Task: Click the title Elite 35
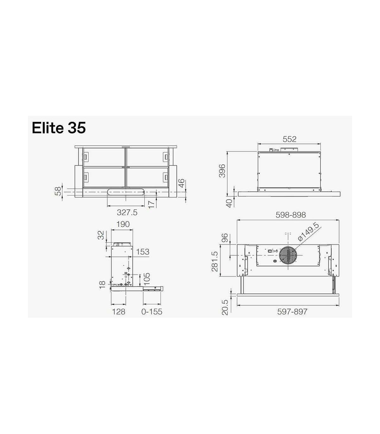click(59, 128)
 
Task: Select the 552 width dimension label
click(289, 139)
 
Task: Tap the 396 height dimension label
click(222, 171)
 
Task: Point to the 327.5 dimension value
click(127, 212)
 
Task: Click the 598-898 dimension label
click(291, 215)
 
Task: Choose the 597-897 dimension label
click(292, 312)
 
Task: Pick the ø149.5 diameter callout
click(308, 232)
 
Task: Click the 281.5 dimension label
click(215, 261)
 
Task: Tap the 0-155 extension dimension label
click(152, 312)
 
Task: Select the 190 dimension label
click(123, 224)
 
